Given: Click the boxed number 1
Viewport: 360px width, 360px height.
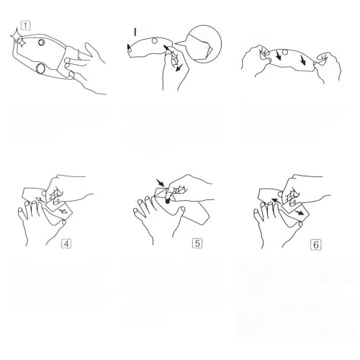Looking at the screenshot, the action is click(x=26, y=25).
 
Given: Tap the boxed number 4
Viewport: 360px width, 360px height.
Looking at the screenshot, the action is click(x=66, y=244).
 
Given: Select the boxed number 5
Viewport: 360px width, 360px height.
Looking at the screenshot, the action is click(x=197, y=243).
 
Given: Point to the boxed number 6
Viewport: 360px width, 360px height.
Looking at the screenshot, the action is click(x=315, y=245).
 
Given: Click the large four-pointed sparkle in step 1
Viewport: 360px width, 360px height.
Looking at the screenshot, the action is click(x=16, y=35).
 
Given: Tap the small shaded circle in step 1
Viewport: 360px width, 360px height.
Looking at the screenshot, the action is click(x=42, y=42).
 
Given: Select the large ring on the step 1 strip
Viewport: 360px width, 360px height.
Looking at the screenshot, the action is click(x=40, y=68).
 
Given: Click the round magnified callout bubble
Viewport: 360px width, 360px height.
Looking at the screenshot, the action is click(x=204, y=44).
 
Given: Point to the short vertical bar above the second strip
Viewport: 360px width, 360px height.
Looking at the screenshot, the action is click(x=135, y=32).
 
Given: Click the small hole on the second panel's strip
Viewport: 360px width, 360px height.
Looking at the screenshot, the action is click(x=155, y=41).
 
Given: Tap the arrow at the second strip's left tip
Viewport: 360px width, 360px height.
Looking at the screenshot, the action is click(x=129, y=48).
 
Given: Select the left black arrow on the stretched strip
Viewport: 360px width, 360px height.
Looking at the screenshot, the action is click(x=278, y=55).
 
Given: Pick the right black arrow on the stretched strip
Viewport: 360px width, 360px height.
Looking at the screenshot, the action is click(x=303, y=60).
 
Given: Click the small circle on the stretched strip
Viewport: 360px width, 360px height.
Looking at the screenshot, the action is click(x=285, y=52).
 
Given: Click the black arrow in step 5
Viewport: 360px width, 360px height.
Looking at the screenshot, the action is click(x=160, y=183).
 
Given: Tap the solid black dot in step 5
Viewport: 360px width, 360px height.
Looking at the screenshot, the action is click(x=167, y=201).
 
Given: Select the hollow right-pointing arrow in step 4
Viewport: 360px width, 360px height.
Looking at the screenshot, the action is click(x=63, y=211).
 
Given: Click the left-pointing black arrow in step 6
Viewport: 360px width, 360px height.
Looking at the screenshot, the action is click(x=276, y=201).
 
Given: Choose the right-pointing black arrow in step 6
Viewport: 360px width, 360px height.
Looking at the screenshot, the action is click(x=300, y=212).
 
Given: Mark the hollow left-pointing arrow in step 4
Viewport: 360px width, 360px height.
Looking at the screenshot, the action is click(x=40, y=199).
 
